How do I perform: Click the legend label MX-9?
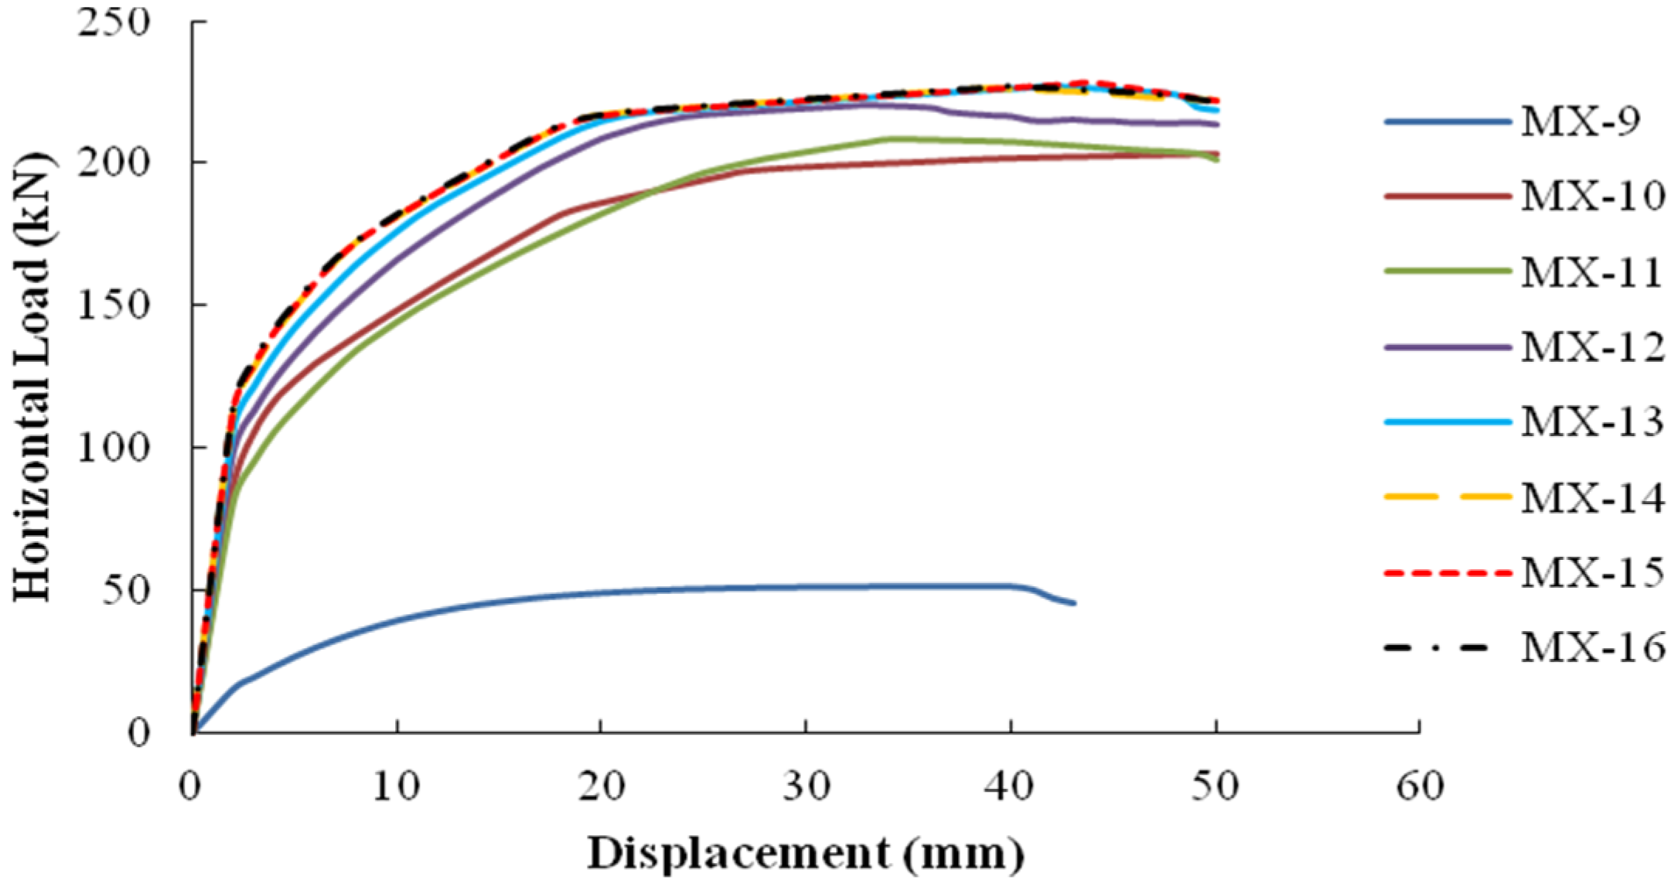pyautogui.click(x=1581, y=121)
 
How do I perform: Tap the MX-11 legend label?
pyautogui.click(x=1591, y=272)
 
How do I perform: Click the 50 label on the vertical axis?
pyautogui.click(x=127, y=590)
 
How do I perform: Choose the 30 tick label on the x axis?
pyautogui.click(x=806, y=786)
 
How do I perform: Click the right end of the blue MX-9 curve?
pyautogui.click(x=1073, y=603)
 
